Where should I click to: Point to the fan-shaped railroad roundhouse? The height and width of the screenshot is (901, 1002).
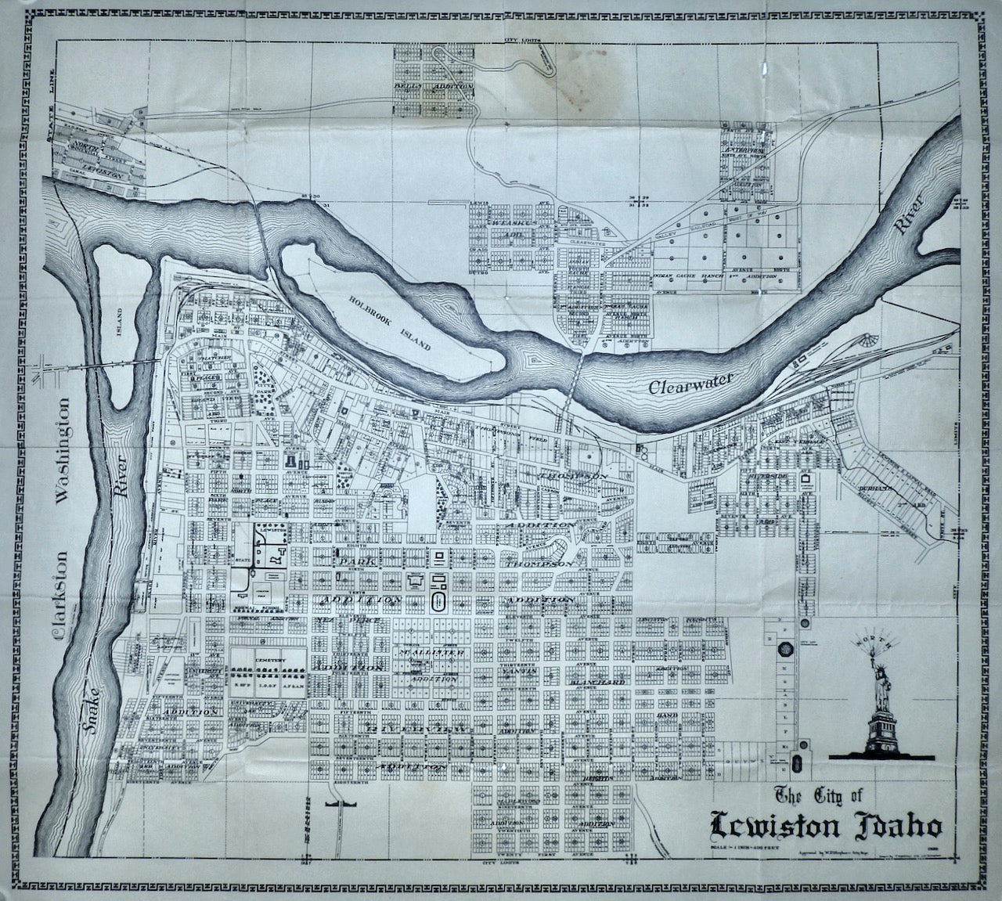(864, 342)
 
